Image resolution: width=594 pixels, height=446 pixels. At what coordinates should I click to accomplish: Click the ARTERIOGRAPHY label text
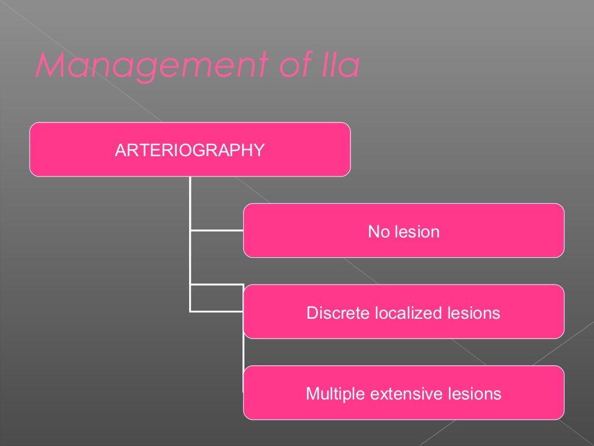coord(190,150)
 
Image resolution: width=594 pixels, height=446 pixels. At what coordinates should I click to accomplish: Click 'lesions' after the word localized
coord(473,314)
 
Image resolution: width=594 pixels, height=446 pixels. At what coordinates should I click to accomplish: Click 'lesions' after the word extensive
coord(475,394)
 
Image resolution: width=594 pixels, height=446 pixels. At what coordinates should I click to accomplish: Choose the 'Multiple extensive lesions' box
coord(522,407)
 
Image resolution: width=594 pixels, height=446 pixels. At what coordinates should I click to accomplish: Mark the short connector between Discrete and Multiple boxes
coord(244,352)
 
